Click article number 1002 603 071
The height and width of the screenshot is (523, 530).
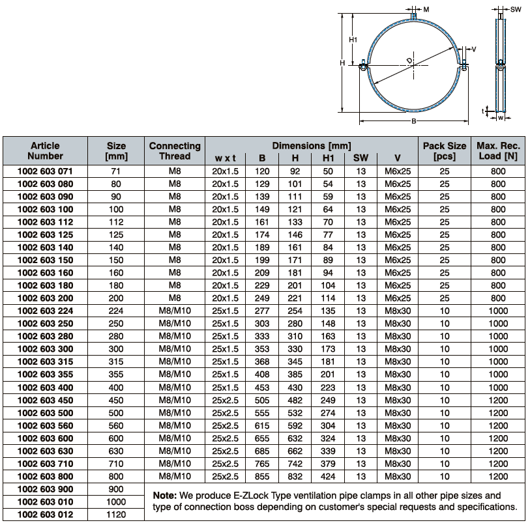45,171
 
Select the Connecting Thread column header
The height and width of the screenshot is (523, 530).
175,151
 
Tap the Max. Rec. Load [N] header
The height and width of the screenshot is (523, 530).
498,151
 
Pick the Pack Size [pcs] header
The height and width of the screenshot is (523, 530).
445,151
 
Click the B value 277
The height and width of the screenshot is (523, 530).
262,311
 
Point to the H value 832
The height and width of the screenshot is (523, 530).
295,476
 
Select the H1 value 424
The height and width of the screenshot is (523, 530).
327,476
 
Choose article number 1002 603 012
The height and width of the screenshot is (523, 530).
45,515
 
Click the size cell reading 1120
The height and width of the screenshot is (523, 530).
116,515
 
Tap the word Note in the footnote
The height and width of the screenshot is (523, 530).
164,495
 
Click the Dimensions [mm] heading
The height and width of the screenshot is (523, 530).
312,146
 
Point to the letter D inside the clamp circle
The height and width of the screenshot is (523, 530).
409,62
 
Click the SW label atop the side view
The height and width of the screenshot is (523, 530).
517,10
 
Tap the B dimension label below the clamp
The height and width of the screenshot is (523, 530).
413,121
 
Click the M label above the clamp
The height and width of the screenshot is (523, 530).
426,10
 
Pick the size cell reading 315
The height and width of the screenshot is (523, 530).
116,361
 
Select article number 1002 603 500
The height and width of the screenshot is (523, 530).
45,412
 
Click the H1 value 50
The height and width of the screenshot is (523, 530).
327,171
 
